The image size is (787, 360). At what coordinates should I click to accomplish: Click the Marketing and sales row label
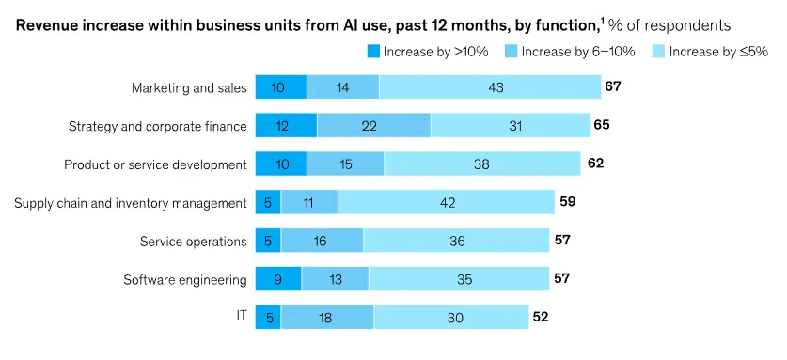(x=189, y=88)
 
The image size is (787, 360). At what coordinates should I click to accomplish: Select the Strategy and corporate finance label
(x=157, y=126)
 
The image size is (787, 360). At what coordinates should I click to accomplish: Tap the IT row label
(x=241, y=316)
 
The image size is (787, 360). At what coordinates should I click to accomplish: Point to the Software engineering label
(x=185, y=279)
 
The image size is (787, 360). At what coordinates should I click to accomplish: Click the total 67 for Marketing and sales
(x=613, y=87)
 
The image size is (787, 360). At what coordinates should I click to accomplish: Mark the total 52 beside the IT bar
(x=540, y=317)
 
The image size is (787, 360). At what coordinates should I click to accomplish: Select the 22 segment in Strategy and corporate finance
(x=373, y=126)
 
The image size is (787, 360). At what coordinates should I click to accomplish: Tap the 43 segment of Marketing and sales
(x=490, y=87)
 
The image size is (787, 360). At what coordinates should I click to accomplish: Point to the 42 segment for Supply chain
(x=446, y=202)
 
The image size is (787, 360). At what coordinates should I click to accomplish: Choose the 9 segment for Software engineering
(x=278, y=279)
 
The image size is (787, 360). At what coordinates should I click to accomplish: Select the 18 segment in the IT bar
(x=326, y=317)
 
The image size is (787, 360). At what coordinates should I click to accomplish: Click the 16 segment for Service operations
(x=322, y=241)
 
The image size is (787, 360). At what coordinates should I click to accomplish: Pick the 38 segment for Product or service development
(x=482, y=164)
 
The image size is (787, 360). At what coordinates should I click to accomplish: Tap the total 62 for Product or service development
(x=594, y=164)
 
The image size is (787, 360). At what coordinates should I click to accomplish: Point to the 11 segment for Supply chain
(x=308, y=202)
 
